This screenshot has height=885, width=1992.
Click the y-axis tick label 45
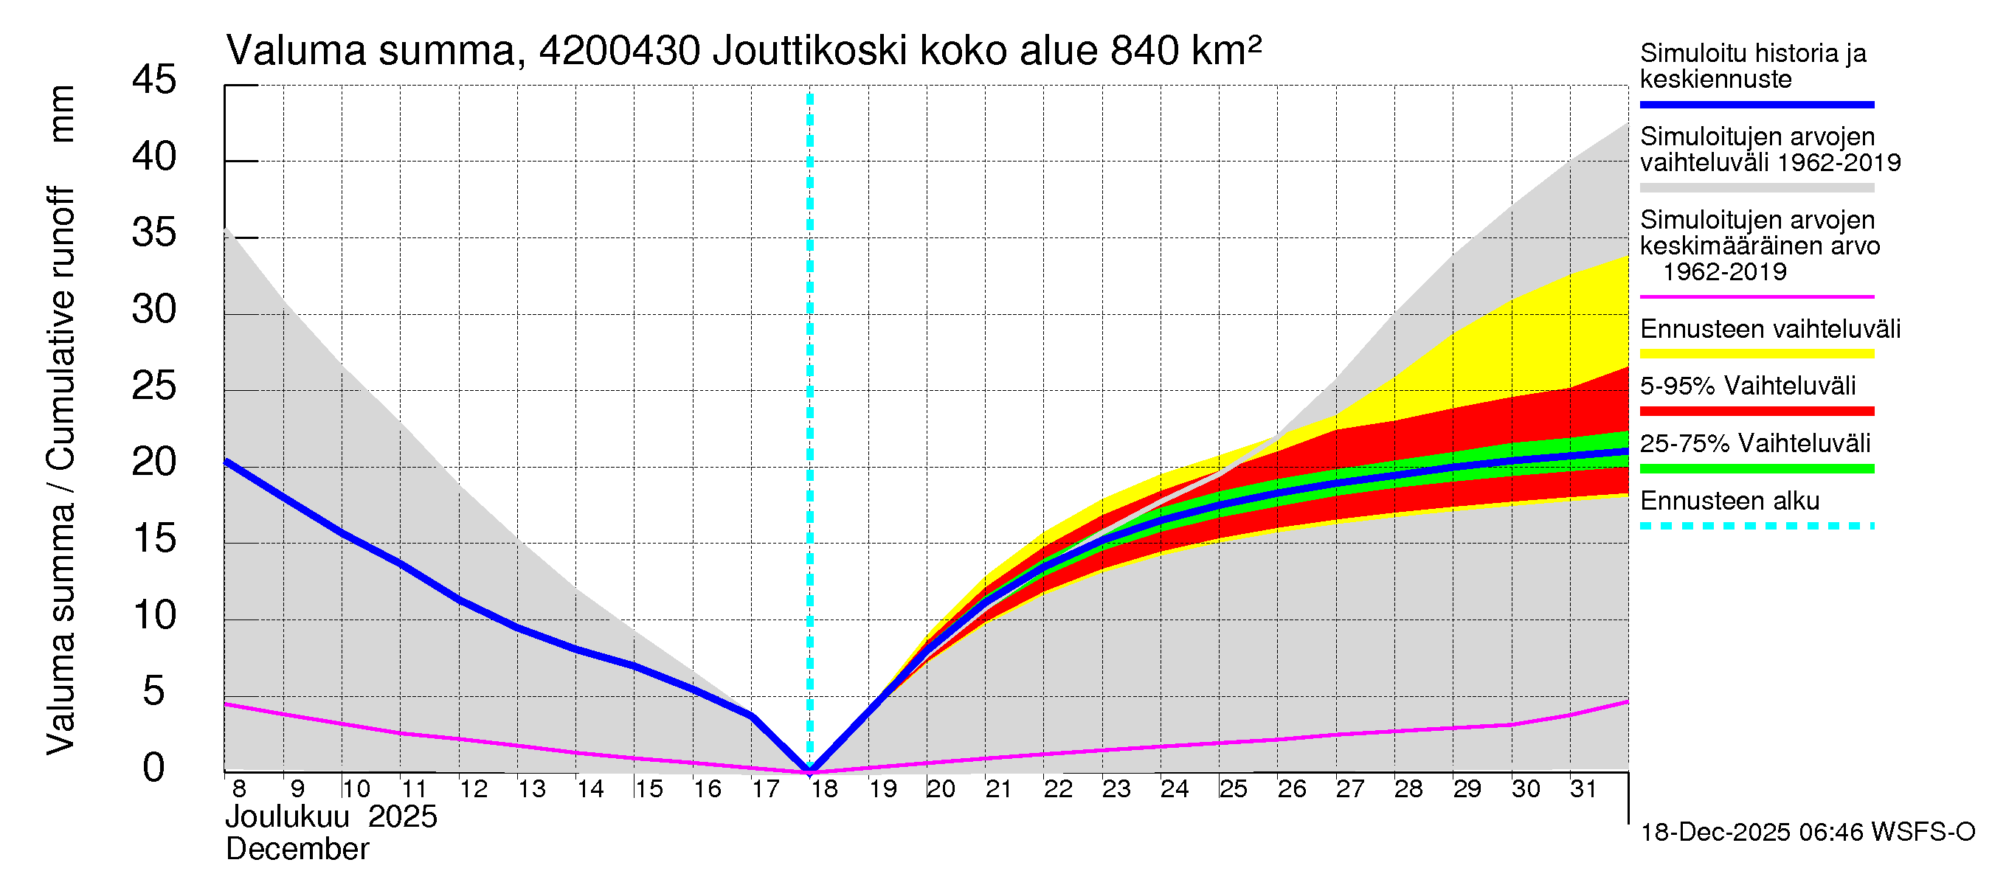tap(154, 80)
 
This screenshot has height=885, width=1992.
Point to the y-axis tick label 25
tap(154, 386)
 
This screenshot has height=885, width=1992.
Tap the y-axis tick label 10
tap(154, 615)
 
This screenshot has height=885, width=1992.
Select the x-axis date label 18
tap(824, 789)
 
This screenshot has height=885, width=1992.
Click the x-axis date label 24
tap(1175, 789)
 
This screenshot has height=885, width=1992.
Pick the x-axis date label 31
tap(1583, 789)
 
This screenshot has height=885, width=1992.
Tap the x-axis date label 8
tap(239, 789)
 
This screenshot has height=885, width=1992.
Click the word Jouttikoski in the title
tap(809, 51)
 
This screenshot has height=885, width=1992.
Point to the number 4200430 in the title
tap(620, 51)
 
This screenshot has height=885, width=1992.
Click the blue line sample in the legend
tap(1756, 104)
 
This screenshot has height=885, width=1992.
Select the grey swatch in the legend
tap(1756, 188)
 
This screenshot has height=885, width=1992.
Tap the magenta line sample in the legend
tap(1756, 296)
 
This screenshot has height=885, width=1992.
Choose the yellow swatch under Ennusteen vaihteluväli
tap(1756, 354)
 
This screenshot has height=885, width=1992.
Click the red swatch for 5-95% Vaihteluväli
tap(1756, 412)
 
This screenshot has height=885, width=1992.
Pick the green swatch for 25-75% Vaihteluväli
tap(1756, 468)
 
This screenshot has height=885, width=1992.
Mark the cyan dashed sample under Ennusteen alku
tap(1756, 527)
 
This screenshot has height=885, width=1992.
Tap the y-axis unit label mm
tap(62, 114)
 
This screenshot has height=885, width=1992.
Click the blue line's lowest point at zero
tap(809, 770)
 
